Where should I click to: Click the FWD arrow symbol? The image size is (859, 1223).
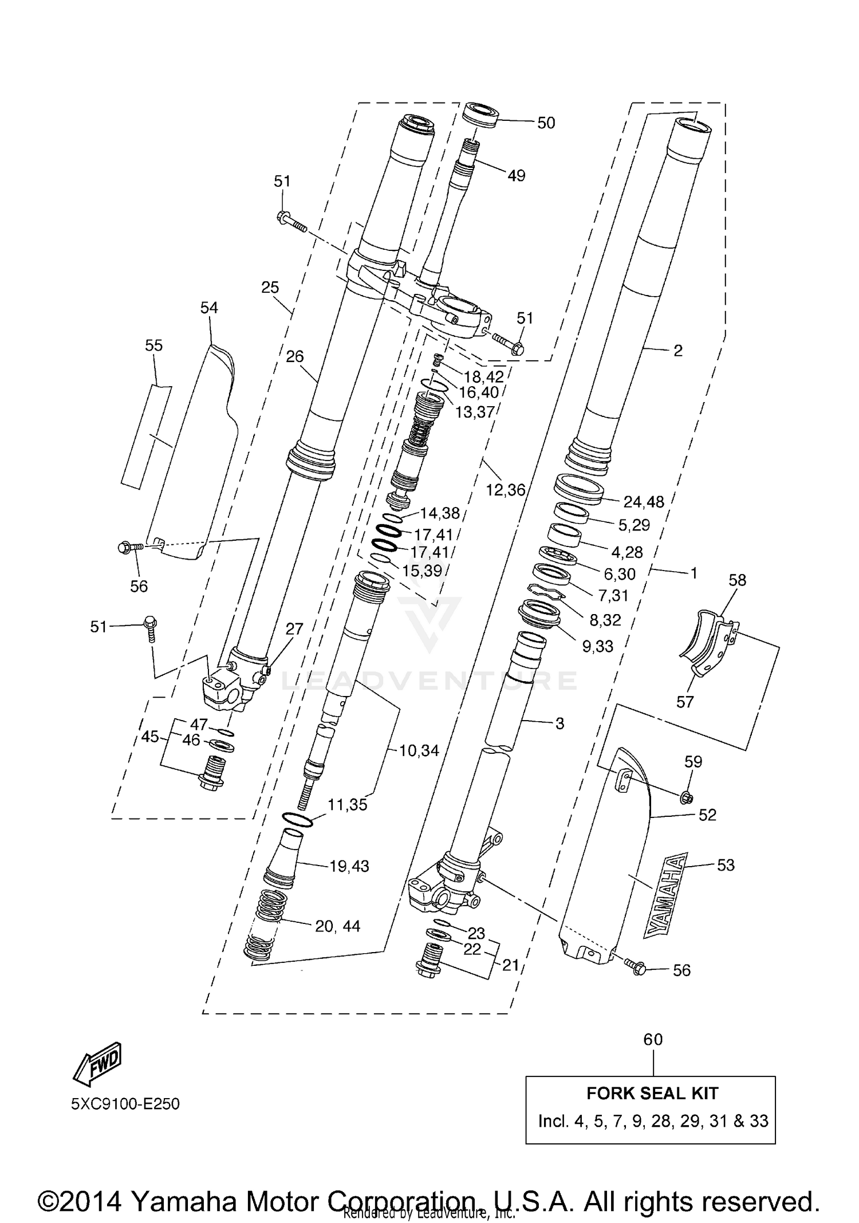click(x=97, y=1064)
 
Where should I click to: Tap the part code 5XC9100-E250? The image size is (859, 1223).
click(x=125, y=1104)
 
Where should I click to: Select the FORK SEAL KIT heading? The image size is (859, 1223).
click(x=652, y=1093)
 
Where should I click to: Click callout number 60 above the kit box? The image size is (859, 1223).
click(x=653, y=1039)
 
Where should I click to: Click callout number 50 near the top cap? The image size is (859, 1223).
click(x=546, y=123)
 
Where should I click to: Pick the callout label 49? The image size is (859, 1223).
click(x=516, y=176)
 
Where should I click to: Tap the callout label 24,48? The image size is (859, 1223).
click(x=644, y=502)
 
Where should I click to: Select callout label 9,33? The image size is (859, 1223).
click(x=597, y=646)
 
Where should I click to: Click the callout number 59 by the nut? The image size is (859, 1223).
click(x=693, y=762)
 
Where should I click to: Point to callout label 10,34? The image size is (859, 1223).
click(x=419, y=750)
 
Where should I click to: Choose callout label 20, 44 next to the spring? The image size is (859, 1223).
click(x=337, y=926)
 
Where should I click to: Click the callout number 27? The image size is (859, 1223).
click(x=294, y=629)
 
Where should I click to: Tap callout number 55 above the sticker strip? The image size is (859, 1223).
click(x=153, y=345)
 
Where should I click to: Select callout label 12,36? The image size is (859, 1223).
click(x=506, y=490)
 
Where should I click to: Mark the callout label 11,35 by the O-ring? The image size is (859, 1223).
click(x=347, y=805)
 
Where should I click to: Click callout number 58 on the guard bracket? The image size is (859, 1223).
click(x=737, y=580)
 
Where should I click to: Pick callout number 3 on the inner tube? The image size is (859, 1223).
click(x=559, y=723)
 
